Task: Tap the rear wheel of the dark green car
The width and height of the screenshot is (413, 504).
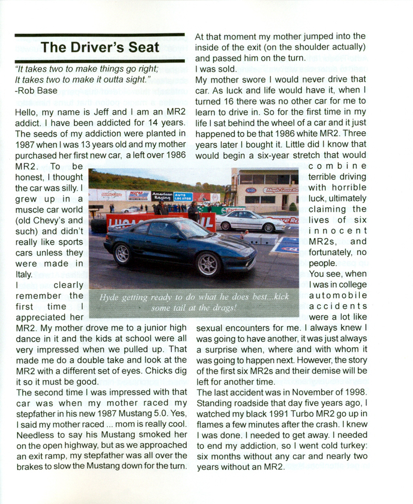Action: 122,254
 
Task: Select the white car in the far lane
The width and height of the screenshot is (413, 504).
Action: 246,221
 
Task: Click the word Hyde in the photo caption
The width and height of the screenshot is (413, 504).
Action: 110,298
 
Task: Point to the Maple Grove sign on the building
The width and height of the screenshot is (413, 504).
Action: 280,190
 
